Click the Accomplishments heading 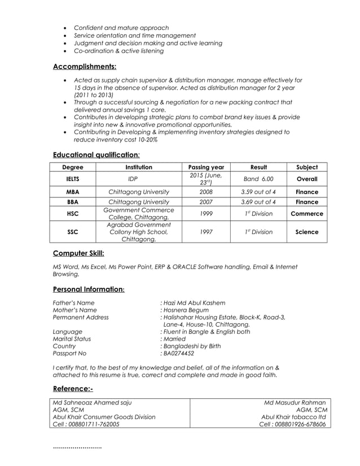[84, 67]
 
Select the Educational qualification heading [96, 155]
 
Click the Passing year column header [206, 167]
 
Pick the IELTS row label [73, 179]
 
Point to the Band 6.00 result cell [258, 179]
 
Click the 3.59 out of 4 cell [258, 192]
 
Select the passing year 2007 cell [206, 201]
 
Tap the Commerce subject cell [306, 214]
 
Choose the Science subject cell [306, 232]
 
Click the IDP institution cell [133, 179]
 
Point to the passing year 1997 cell [206, 232]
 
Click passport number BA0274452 [179, 354]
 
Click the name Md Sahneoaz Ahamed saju [92, 402]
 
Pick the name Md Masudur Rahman [295, 402]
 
